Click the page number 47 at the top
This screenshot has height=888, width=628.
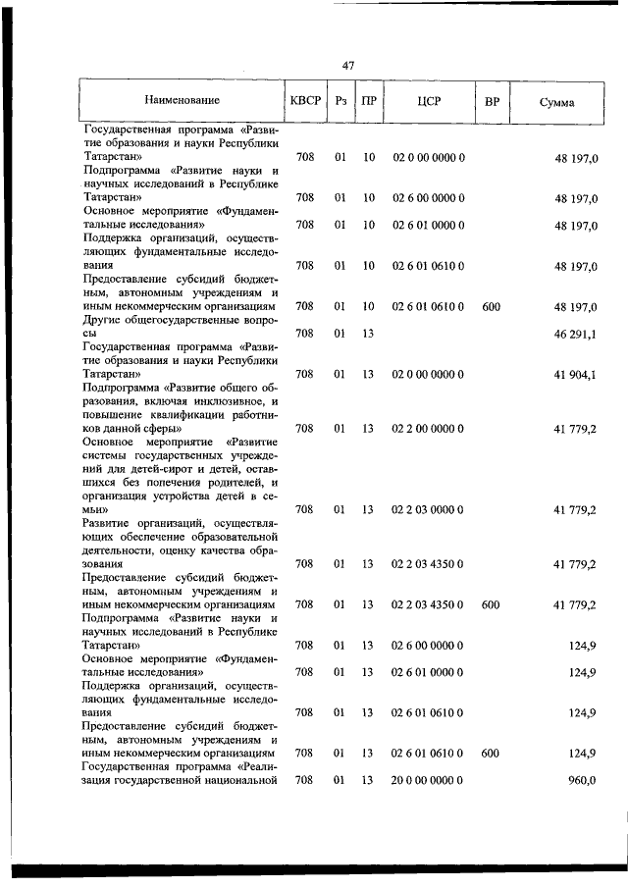[347, 66]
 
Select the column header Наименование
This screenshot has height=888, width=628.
[182, 100]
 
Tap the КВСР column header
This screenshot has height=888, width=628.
[305, 100]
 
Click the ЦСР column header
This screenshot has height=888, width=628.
[428, 100]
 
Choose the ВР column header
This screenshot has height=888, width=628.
[492, 100]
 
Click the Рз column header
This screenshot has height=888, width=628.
[340, 100]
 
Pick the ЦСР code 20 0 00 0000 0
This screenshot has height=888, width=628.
[428, 780]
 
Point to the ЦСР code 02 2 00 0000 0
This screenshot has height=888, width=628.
[428, 428]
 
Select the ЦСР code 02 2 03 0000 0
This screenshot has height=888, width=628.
[428, 509]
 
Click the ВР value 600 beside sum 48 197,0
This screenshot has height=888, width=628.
[492, 307]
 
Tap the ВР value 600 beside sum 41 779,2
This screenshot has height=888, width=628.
[492, 604]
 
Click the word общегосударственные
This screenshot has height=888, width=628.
[184, 320]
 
